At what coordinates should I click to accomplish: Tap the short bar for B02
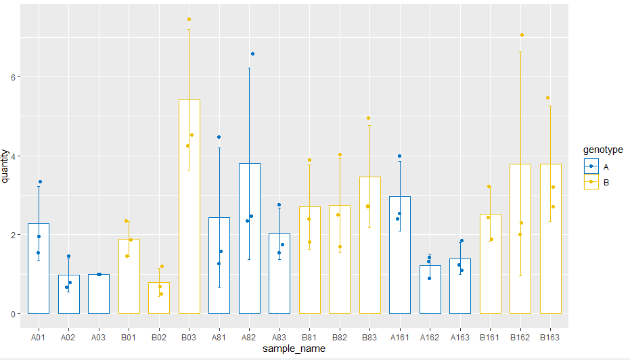click(159, 298)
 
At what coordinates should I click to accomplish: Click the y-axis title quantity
click(6, 166)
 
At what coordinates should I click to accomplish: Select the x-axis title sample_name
click(294, 349)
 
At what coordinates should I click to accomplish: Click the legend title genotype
click(602, 150)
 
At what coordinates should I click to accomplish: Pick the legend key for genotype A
click(591, 166)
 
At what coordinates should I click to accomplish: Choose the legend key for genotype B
click(591, 182)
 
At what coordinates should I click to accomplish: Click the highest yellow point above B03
click(189, 19)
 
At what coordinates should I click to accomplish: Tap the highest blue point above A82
click(252, 53)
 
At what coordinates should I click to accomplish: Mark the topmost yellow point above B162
click(522, 35)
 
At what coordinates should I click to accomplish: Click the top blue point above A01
click(40, 182)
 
